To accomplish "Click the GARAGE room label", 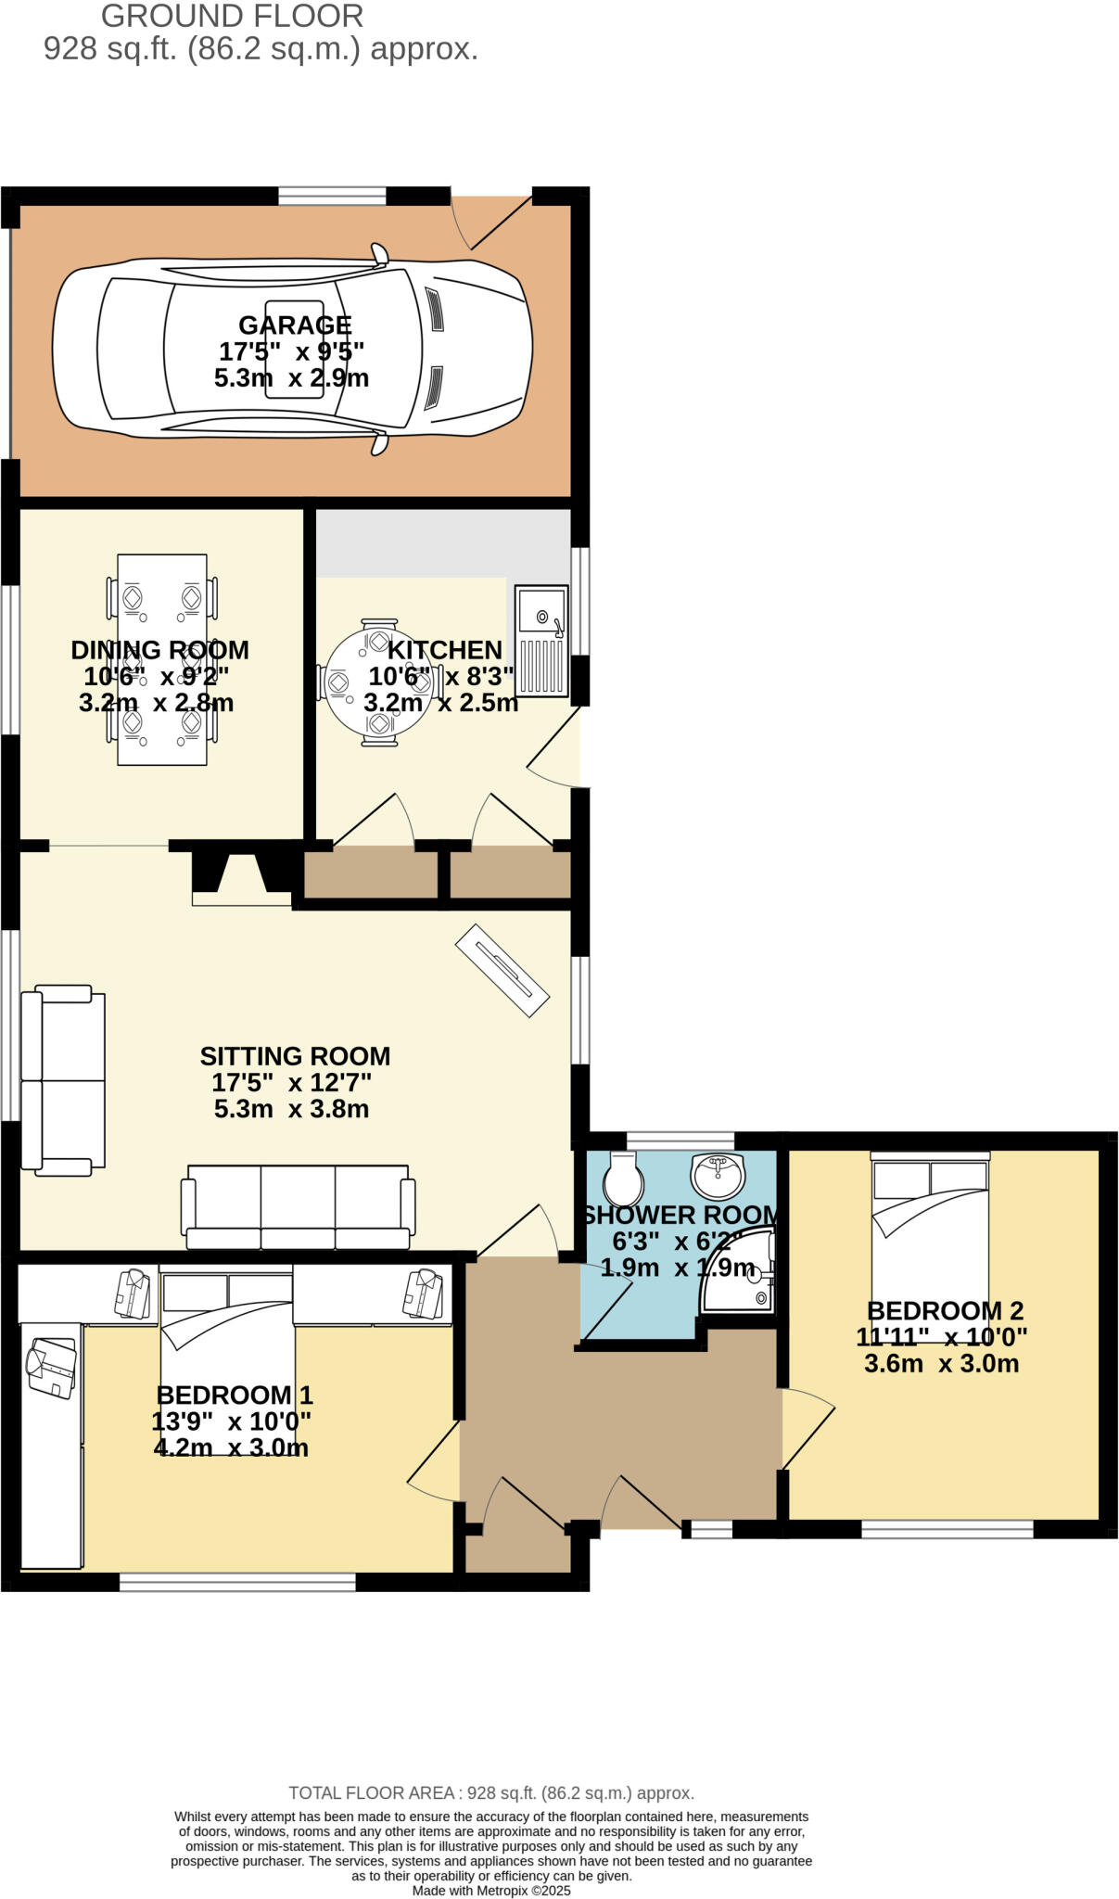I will pos(295,325).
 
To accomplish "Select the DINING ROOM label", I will pos(159,650).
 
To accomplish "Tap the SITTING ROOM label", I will pos(295,1056).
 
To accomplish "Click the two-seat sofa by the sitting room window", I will pos(62,1080).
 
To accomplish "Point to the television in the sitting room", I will pos(502,970).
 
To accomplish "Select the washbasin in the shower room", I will pos(718,1176).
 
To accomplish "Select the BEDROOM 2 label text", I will pos(945,1311).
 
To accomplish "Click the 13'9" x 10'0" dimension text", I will pos(231,1421).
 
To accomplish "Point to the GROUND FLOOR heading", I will pos(232,17).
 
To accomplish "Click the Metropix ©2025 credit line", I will pos(491,1891).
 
